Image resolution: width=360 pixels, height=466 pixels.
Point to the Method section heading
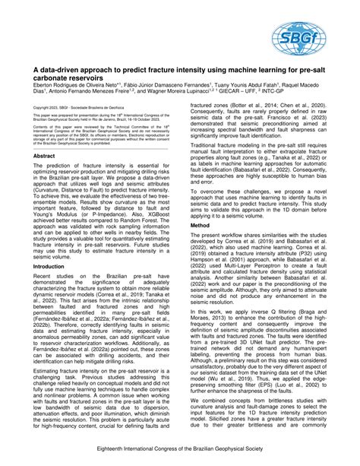200,204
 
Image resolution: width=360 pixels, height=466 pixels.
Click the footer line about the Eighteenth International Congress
180,451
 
